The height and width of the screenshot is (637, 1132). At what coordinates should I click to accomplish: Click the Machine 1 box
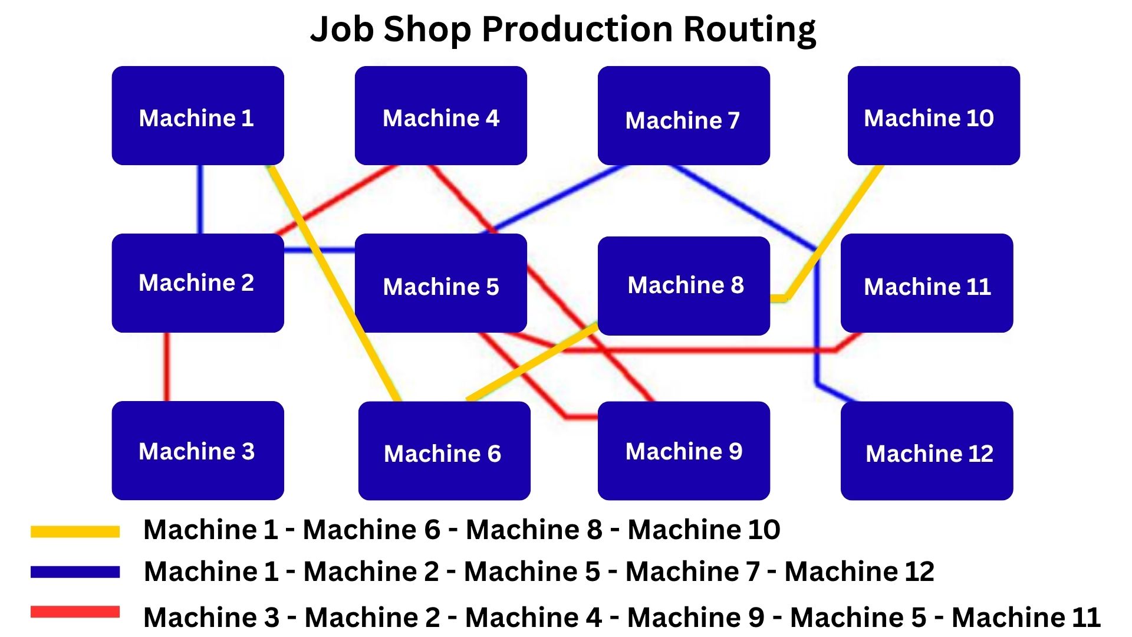point(198,116)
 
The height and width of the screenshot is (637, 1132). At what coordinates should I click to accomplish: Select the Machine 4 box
point(440,116)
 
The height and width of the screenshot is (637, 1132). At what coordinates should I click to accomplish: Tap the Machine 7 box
point(683,116)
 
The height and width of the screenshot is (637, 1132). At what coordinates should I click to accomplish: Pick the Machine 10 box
point(933,116)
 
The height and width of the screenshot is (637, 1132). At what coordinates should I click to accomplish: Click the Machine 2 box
point(198,283)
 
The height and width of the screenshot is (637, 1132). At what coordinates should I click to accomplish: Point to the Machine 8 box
point(683,285)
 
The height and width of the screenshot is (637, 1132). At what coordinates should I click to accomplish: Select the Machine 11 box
point(926,283)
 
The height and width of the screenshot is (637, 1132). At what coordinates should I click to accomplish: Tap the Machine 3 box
point(198,451)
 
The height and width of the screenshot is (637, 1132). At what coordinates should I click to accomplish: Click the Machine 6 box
point(444,451)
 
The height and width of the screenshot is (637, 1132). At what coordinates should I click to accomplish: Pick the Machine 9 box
point(683,451)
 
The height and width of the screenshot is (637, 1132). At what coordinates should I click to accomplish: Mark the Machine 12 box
point(926,451)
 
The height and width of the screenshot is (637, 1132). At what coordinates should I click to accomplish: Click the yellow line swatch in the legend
point(75,531)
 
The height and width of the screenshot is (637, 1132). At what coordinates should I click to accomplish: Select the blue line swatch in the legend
point(75,572)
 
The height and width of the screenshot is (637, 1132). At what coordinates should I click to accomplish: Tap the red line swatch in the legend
point(75,612)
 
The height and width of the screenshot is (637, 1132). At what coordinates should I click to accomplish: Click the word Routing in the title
point(749,29)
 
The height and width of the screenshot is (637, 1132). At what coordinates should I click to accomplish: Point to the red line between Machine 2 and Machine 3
point(167,367)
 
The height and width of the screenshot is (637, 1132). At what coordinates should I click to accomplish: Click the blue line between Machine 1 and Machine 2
point(200,199)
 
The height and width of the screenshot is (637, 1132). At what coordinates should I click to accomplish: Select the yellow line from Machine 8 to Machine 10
point(837,230)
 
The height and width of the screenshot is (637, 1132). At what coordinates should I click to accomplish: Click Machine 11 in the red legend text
point(1026,618)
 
